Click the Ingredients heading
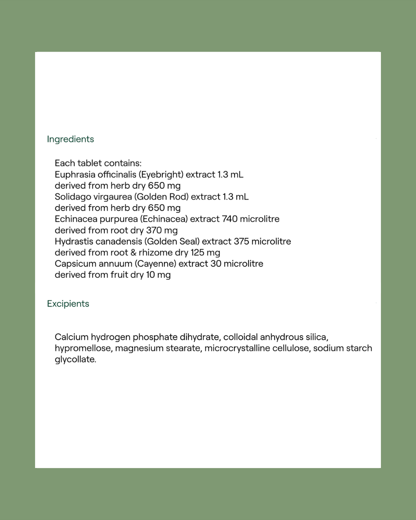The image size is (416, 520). pyautogui.click(x=70, y=139)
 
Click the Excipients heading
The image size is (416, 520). pyautogui.click(x=68, y=304)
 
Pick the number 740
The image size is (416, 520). pyautogui.click(x=230, y=219)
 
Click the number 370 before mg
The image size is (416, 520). pyautogui.click(x=154, y=230)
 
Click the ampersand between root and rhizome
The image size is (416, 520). pyautogui.click(x=133, y=253)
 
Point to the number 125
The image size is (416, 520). pyautogui.click(x=197, y=253)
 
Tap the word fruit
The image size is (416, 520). pyautogui.click(x=119, y=275)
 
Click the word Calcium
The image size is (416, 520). pyautogui.click(x=71, y=337)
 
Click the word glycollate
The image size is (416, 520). pyautogui.click(x=75, y=359)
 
